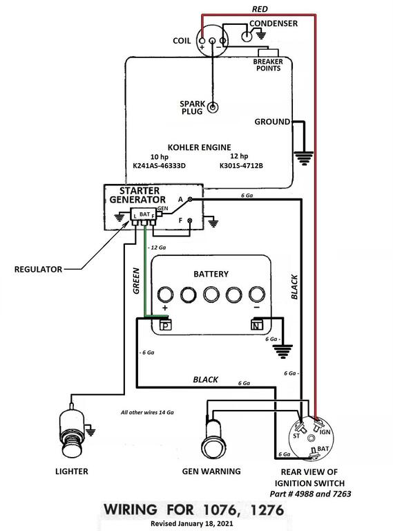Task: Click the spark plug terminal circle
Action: (x=213, y=108)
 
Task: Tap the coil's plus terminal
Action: (x=202, y=41)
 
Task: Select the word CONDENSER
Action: (x=274, y=24)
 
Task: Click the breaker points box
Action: (x=268, y=53)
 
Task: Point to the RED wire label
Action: (x=260, y=9)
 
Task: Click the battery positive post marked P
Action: (x=165, y=326)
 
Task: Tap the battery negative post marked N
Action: (x=257, y=325)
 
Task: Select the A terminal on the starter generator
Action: (x=190, y=199)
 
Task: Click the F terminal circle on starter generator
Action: (x=190, y=221)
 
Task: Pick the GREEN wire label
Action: (x=136, y=281)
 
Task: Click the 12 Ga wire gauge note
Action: (x=157, y=248)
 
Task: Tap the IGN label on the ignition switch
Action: (x=325, y=432)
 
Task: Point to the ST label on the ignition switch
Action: (x=296, y=436)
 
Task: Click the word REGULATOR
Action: (x=38, y=270)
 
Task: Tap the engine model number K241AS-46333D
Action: (x=160, y=166)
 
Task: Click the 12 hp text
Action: (x=239, y=156)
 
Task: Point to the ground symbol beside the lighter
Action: (x=90, y=431)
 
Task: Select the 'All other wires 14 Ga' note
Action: (x=147, y=413)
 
